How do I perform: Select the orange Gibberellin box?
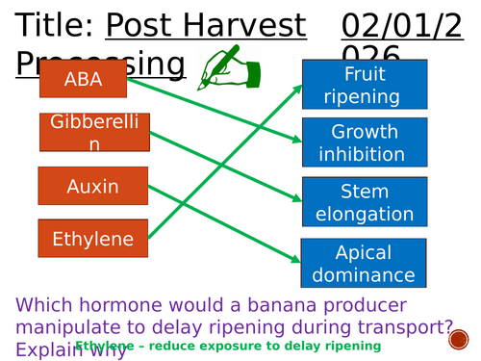[x=94, y=133]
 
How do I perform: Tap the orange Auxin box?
[x=93, y=186]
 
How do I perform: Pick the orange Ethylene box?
[x=93, y=239]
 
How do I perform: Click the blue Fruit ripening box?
[x=364, y=85]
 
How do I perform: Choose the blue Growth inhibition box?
[x=364, y=142]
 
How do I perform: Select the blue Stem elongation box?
[x=364, y=202]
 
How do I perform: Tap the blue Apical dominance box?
[x=364, y=264]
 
